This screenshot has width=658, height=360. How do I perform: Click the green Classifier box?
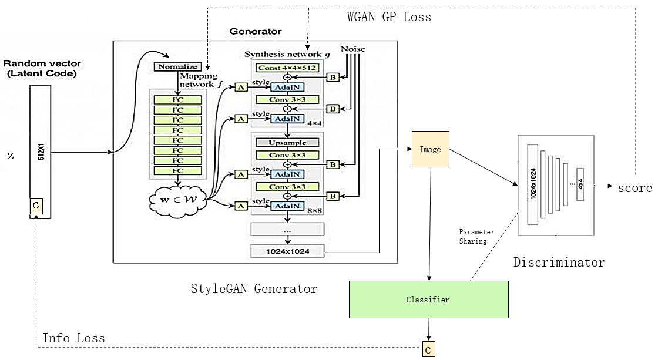(x=428, y=300)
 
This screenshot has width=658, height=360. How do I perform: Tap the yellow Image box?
(x=430, y=150)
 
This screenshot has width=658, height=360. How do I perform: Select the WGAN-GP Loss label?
(x=388, y=17)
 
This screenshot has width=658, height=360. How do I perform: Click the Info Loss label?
(x=73, y=338)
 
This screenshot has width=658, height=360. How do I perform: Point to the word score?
(x=634, y=188)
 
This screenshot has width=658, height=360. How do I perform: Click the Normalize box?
(x=177, y=67)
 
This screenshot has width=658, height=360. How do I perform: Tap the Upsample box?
(x=287, y=143)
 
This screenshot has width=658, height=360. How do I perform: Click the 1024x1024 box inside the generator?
(x=287, y=251)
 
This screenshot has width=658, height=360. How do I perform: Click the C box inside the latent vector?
(x=36, y=205)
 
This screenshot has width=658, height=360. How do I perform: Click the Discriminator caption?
(x=559, y=263)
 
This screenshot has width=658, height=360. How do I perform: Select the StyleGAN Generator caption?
(x=254, y=288)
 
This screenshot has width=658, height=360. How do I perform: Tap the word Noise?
(x=352, y=49)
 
